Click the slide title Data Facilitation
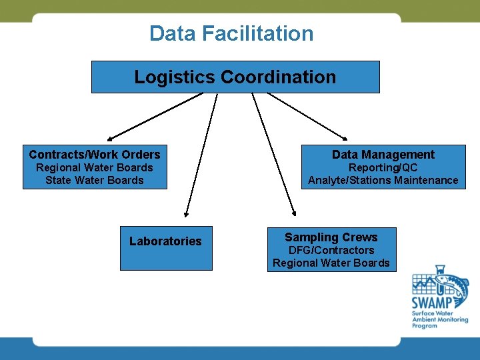click(231, 33)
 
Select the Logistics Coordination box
click(235, 77)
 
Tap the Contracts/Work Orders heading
click(95, 154)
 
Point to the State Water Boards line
click(95, 180)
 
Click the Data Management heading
click(383, 154)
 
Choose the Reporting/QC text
click(383, 167)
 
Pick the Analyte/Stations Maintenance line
click(383, 180)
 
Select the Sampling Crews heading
click(331, 237)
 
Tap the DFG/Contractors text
click(331, 250)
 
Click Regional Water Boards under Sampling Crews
click(331, 263)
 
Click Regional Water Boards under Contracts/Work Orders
click(95, 167)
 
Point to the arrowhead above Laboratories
click(187, 214)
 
